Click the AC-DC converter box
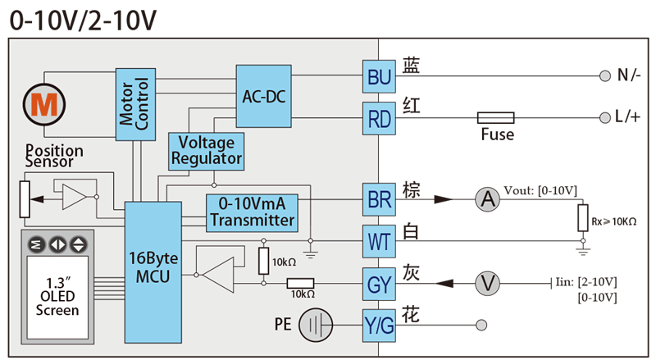[264, 95]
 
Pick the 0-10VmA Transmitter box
[252, 212]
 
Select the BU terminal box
[379, 78]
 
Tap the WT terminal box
[379, 242]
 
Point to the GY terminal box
[379, 284]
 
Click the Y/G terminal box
[379, 326]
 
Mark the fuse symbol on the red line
[495, 118]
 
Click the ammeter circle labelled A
[488, 198]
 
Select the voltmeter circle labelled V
[489, 283]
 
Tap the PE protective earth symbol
[315, 326]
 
